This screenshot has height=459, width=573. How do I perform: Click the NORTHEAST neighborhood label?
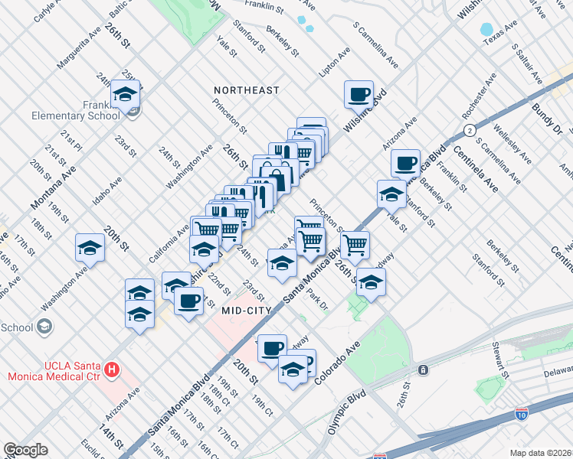point(247,90)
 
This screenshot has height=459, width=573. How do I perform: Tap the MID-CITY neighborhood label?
point(247,311)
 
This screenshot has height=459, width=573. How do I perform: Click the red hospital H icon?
point(113,370)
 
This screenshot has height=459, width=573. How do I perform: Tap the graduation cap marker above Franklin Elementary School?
point(124,94)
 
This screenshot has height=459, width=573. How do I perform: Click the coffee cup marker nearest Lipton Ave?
point(359,95)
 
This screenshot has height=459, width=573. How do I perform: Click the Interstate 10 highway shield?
point(521,414)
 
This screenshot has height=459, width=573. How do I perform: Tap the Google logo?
point(25,450)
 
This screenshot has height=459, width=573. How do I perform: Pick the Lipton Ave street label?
point(335,62)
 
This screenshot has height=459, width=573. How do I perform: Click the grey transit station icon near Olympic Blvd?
point(423,370)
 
